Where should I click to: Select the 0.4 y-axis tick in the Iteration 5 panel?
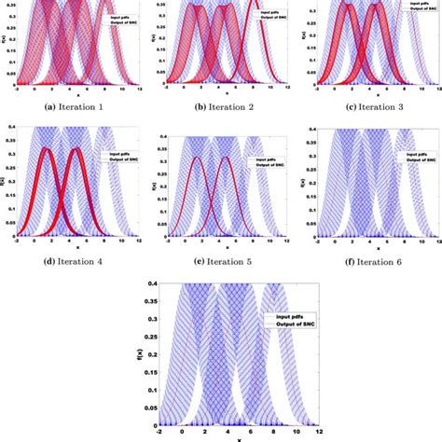pos(169,138)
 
